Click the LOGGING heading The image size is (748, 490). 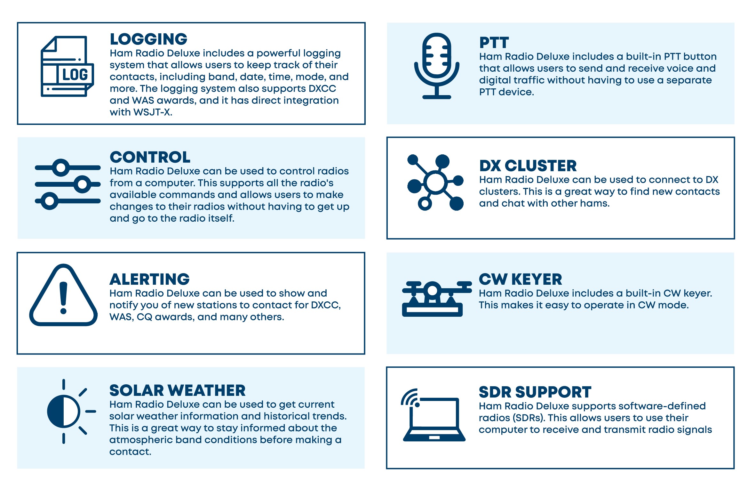148,39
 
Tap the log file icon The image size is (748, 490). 67,66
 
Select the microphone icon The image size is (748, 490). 437,66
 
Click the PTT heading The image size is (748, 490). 494,43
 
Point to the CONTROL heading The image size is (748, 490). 150,157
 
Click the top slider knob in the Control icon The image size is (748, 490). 61,167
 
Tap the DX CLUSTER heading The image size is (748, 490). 528,166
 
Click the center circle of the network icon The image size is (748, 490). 435,183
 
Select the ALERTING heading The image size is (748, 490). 149,279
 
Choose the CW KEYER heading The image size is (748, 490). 520,279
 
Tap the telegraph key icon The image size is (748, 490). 437,299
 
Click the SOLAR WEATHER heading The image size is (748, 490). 178,390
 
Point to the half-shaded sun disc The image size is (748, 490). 63,412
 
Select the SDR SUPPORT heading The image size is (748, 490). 535,392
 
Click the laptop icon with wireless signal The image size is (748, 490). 434,415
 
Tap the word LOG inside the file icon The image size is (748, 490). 75,75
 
